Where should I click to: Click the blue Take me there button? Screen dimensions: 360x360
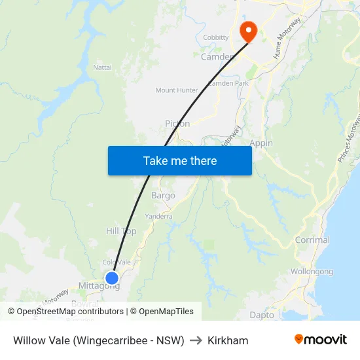click(x=180, y=160)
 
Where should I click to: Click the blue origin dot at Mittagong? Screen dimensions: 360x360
click(x=112, y=278)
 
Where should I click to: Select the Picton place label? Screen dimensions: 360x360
click(x=177, y=124)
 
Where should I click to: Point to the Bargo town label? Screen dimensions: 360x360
click(x=163, y=195)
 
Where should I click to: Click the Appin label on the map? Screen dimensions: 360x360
click(x=261, y=143)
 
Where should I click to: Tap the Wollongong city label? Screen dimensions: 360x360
click(x=312, y=271)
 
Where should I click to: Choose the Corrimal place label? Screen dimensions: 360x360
click(x=312, y=240)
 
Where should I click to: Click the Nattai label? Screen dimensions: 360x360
click(x=102, y=67)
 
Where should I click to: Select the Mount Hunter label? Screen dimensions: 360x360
click(x=176, y=90)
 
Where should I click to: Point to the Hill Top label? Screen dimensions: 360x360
click(x=121, y=231)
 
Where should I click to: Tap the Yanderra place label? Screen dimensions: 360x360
click(x=158, y=216)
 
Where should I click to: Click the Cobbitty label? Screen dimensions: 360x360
click(x=216, y=38)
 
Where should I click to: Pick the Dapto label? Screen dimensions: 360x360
click(x=262, y=315)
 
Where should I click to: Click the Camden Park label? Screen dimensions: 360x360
click(x=228, y=84)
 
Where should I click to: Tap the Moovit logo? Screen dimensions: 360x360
click(x=320, y=339)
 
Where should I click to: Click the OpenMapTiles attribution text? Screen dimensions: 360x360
click(x=166, y=312)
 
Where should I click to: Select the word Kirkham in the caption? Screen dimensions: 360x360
click(x=228, y=340)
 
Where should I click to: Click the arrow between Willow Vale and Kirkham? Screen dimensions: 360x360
click(x=196, y=340)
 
